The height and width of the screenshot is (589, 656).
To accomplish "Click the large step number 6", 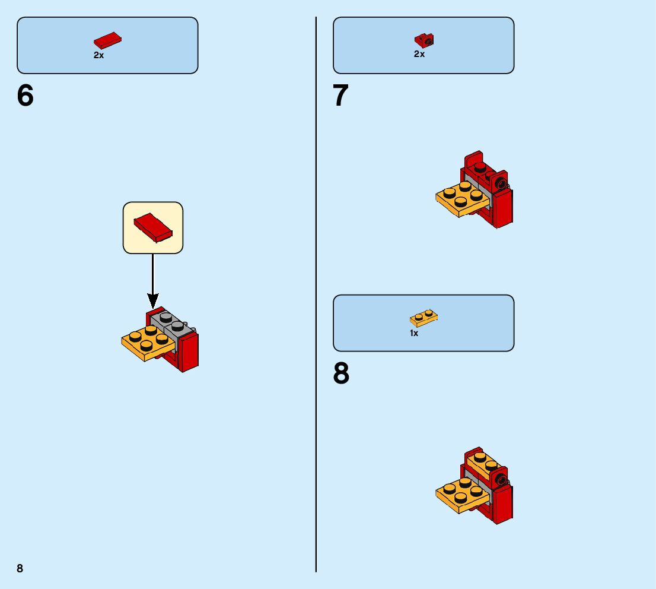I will click(x=26, y=96).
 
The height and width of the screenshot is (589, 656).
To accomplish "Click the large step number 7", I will click(x=340, y=96).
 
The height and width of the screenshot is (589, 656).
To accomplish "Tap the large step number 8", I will click(x=341, y=374).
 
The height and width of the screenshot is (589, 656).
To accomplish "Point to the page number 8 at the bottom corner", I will click(x=20, y=568).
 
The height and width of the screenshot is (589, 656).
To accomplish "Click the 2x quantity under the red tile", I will click(x=98, y=55).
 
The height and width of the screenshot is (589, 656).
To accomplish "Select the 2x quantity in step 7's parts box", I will click(x=419, y=54).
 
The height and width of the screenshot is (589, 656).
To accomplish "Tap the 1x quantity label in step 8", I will click(x=414, y=334).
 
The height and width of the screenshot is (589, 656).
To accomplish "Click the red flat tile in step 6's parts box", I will click(x=107, y=40).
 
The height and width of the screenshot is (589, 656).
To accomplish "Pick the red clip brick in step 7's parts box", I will click(x=423, y=40).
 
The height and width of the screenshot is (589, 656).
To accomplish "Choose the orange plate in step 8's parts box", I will click(x=424, y=318).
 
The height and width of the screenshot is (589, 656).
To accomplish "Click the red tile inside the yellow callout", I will click(x=153, y=227).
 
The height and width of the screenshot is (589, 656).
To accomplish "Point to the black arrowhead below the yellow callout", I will click(x=153, y=301).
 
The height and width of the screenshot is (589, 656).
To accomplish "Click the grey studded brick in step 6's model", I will click(x=171, y=322).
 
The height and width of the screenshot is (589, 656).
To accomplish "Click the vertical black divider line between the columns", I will click(x=316, y=297).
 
